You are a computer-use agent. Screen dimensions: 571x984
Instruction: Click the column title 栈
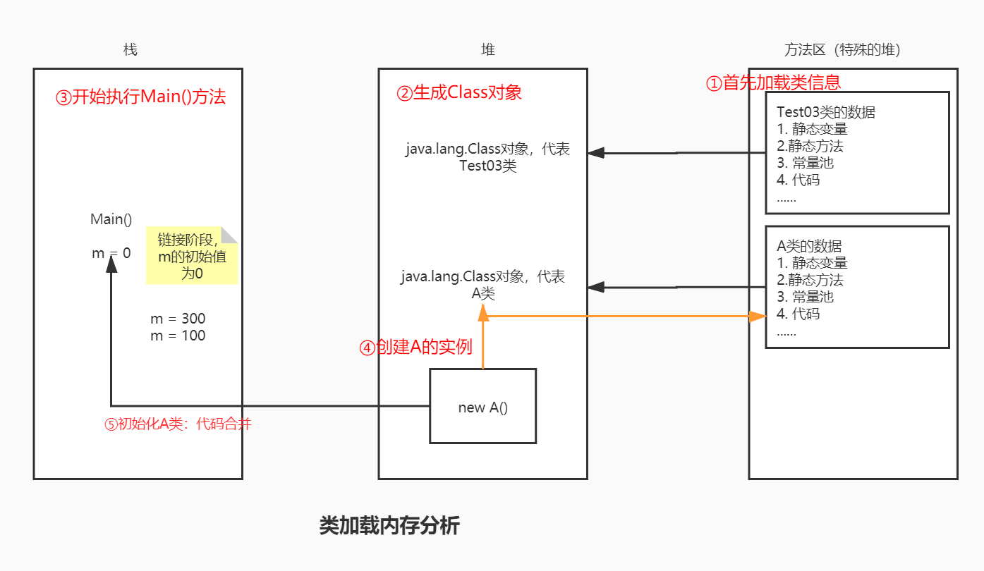coord(130,50)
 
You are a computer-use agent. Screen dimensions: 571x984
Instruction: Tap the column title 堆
coord(488,50)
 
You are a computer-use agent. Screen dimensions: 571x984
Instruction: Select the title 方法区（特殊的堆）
coord(842,50)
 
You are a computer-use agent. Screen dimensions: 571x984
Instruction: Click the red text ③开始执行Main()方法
coord(140,97)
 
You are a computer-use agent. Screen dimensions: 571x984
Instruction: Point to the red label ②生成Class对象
coord(459,92)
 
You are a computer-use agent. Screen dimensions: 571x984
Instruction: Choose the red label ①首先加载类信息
coord(773,82)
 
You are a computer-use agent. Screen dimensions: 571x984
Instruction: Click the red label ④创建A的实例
coord(415,348)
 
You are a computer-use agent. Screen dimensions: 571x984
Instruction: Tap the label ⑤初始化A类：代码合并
coord(178,424)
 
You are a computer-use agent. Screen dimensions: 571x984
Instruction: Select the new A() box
coord(482,407)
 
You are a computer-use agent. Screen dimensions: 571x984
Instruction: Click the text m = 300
coord(178,319)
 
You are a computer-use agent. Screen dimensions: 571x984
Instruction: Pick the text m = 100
coord(178,336)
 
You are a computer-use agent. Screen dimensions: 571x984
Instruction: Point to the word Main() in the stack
coord(111,219)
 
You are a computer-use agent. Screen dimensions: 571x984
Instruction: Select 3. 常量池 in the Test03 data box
coord(805,163)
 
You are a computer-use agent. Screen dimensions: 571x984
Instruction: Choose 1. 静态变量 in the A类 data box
coord(812,263)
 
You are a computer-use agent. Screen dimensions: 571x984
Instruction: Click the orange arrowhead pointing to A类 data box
coord(758,317)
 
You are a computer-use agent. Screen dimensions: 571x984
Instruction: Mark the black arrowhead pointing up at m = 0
coord(111,264)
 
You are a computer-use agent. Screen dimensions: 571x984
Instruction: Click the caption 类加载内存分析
coord(389,526)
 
